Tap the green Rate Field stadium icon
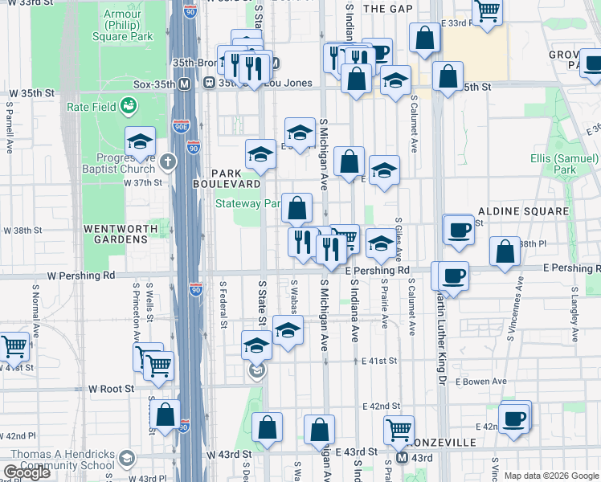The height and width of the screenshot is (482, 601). click(128, 105)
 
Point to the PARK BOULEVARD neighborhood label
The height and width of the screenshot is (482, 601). click(227, 178)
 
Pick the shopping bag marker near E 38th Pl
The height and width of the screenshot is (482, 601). click(505, 251)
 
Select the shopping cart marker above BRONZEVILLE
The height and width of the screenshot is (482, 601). click(399, 429)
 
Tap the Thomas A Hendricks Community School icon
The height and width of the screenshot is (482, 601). click(125, 459)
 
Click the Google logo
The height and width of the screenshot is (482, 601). click(27, 472)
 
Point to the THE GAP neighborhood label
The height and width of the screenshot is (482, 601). click(387, 9)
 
